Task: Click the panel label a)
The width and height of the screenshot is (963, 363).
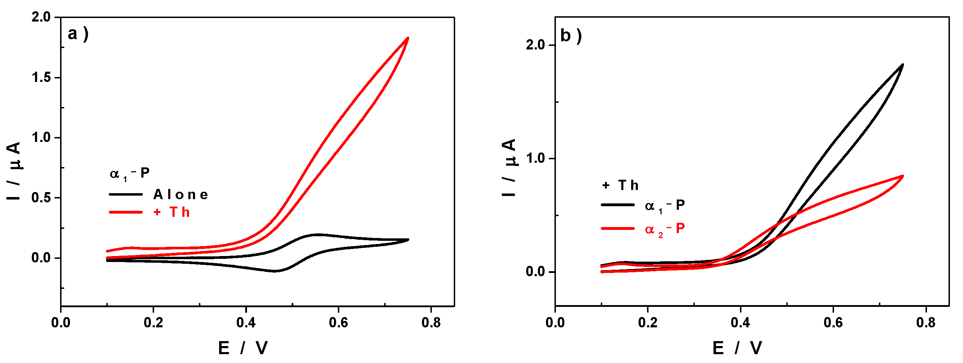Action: coord(77,34)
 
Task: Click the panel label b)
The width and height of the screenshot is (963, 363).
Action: coord(570,36)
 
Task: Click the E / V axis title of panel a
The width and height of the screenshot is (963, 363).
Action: coord(243,348)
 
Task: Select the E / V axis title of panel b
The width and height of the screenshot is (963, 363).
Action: coord(737,348)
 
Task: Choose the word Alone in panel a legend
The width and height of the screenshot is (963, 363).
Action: coord(181,195)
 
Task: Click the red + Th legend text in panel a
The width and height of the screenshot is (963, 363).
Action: coord(172,212)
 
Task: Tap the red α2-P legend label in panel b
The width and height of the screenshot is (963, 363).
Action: coord(665,228)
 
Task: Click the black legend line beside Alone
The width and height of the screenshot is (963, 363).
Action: coord(125,195)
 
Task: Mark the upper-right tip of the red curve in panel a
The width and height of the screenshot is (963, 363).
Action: coord(408,38)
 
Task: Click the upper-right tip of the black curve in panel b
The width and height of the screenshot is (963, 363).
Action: coord(903,65)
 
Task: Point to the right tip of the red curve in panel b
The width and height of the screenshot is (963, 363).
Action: coord(903,176)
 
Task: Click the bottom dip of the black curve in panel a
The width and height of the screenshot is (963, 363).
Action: coord(275,271)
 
